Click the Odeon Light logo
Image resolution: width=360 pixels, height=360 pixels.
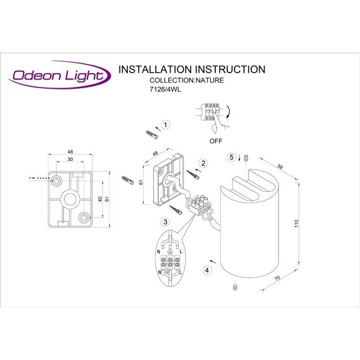coord(60,76)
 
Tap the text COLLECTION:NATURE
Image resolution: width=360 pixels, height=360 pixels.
coord(187,80)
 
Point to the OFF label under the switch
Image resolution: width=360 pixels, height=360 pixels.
coord(215,141)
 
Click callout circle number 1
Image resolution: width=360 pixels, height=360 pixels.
coord(164,124)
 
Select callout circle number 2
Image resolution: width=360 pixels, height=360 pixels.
coord(202,163)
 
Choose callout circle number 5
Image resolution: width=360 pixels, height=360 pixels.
coord(232,158)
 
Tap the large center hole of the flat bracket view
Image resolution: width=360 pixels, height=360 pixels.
coord(70,200)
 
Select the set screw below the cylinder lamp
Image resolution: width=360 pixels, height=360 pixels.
coord(236,287)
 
